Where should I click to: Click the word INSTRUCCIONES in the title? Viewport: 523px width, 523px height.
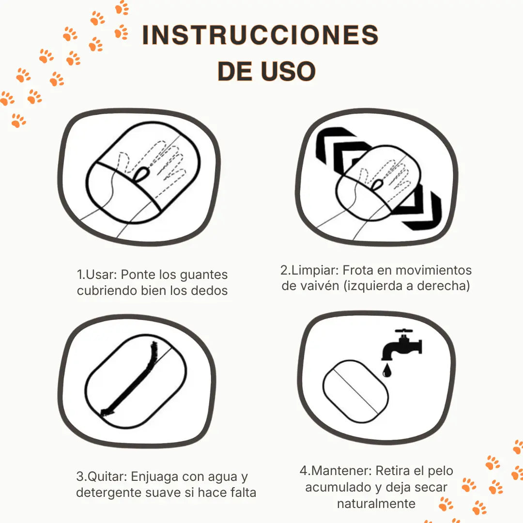pos(260,35)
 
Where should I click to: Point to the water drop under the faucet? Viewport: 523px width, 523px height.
pos(386,371)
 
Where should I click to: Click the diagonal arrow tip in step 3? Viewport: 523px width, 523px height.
pos(104,412)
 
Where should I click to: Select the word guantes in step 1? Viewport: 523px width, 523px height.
pos(203,275)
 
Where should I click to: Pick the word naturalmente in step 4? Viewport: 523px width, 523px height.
pos(376,504)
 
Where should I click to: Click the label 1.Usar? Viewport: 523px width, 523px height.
pos(97,275)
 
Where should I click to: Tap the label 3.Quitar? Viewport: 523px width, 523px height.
pos(102,477)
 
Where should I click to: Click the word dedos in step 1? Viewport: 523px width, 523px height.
pos(209,291)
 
